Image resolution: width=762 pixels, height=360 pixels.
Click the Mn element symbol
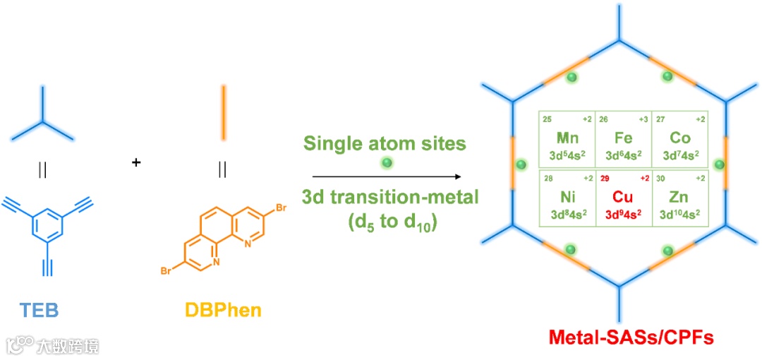[567, 138]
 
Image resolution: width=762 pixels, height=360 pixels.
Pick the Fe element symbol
[623, 138]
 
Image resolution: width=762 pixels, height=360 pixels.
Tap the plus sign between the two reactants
[135, 163]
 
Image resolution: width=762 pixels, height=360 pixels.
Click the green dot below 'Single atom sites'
[386, 163]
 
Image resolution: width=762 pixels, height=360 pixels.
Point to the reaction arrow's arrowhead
[459, 176]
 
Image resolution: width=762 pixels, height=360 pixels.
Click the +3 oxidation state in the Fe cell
[642, 119]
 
